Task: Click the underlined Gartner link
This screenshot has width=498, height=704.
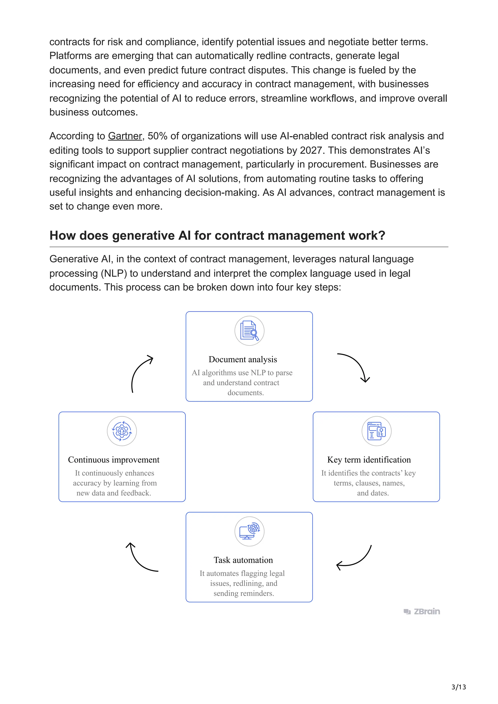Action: (x=125, y=136)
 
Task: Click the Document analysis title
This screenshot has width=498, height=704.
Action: (x=243, y=359)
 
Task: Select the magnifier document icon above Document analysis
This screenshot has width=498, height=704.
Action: (x=249, y=331)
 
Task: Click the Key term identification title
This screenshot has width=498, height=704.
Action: (x=369, y=460)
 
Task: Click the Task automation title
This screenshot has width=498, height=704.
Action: (x=243, y=560)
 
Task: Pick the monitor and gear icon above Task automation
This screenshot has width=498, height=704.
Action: (x=249, y=531)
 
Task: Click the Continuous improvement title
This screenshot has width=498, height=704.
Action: (x=114, y=460)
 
